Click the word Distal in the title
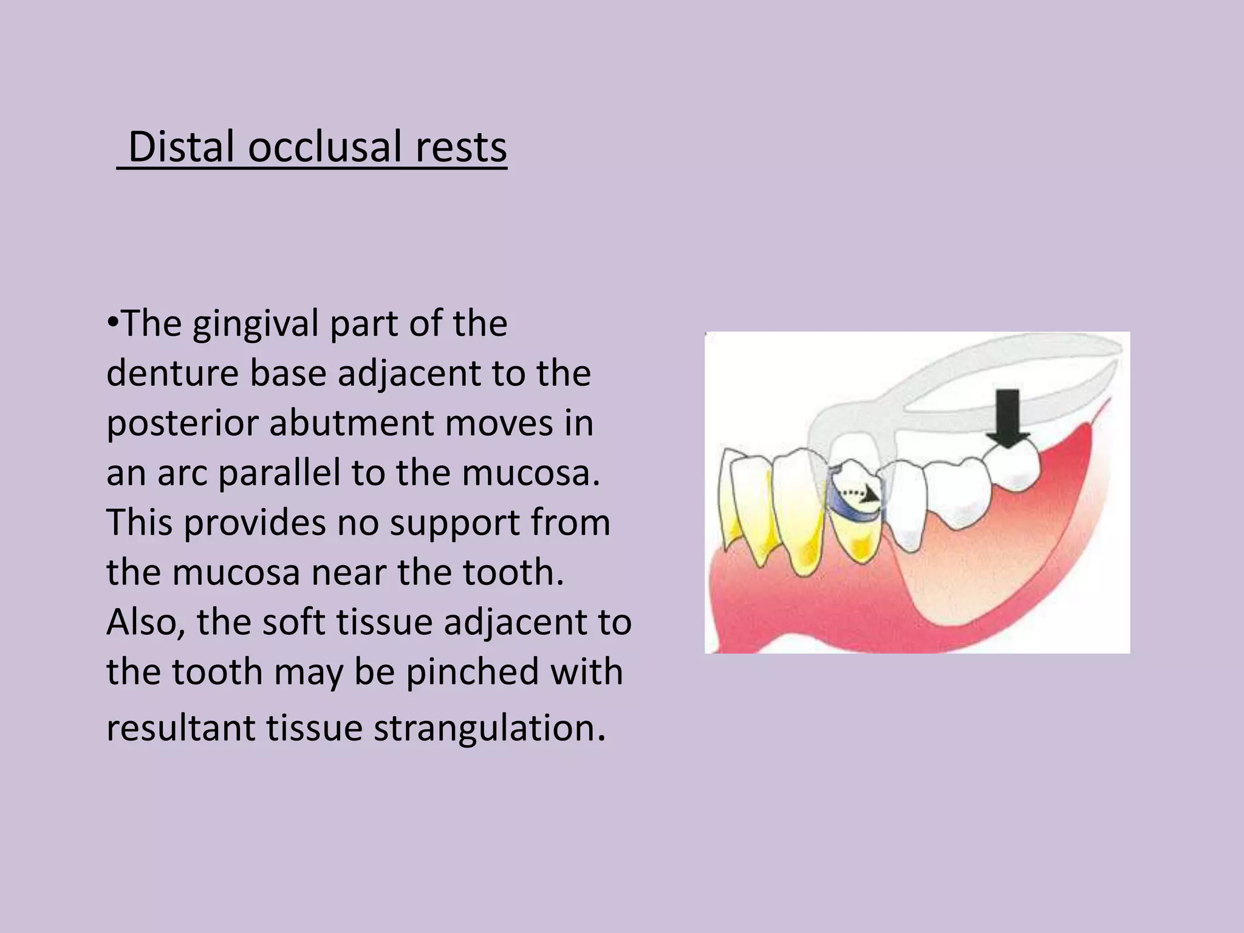180,148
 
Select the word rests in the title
461,148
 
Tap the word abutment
350,423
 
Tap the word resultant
180,728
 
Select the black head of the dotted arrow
871,494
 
